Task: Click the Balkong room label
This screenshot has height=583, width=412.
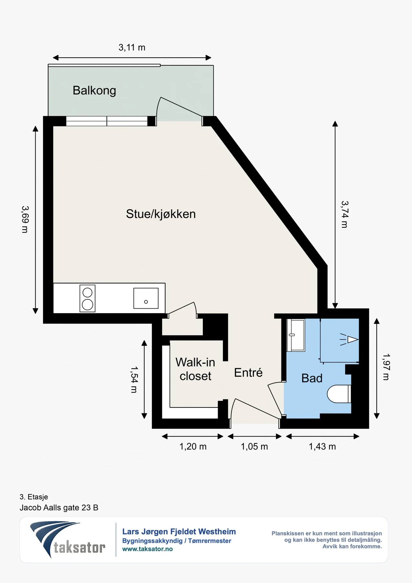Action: click(x=94, y=90)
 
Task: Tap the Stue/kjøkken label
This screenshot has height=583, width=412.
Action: click(x=161, y=214)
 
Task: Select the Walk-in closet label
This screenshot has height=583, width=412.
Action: click(x=195, y=369)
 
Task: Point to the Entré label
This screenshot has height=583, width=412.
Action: click(x=248, y=372)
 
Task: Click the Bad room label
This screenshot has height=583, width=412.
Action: click(x=312, y=378)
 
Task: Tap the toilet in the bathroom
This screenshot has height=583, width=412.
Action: click(x=339, y=394)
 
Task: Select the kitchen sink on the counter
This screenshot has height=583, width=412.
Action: click(x=146, y=298)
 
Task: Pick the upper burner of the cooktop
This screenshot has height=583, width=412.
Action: click(x=87, y=292)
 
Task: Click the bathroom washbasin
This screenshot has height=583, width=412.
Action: click(x=296, y=335)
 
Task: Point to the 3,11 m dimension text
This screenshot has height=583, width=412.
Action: click(x=132, y=48)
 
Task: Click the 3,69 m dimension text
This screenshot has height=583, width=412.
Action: click(x=25, y=219)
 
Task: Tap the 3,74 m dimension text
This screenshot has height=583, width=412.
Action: click(x=345, y=214)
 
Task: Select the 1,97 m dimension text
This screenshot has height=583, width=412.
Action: click(x=386, y=367)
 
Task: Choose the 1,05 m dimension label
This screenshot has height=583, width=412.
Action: click(x=254, y=447)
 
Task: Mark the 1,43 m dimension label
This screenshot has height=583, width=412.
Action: click(x=322, y=447)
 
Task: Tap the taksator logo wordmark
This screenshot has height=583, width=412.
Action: click(x=80, y=547)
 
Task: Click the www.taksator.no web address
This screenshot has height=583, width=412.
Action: click(x=148, y=549)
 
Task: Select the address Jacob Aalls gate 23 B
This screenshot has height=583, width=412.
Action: click(x=59, y=508)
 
